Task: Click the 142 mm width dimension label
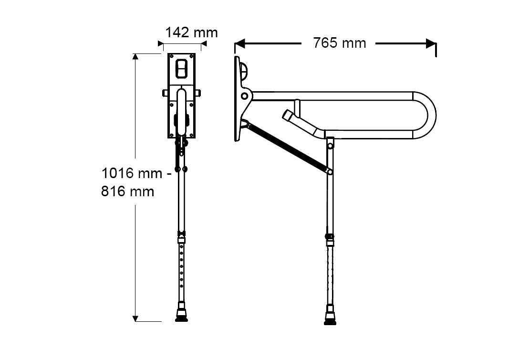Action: point(191,32)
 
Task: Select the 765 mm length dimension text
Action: point(340,43)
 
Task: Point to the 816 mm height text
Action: point(127,191)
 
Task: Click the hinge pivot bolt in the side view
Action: point(244,96)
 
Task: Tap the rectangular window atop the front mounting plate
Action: point(182,68)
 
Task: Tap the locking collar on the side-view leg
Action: point(329,237)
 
